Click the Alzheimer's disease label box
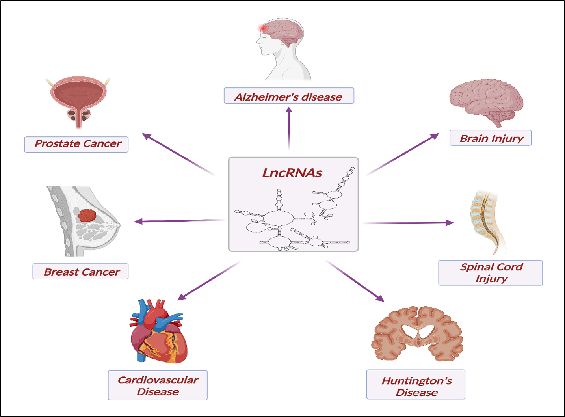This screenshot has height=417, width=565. [289, 96]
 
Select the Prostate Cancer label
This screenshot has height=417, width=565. [76, 144]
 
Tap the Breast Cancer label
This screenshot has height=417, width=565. [80, 272]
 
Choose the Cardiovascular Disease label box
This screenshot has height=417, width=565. [158, 385]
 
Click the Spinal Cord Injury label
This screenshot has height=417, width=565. [490, 273]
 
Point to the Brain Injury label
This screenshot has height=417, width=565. [490, 138]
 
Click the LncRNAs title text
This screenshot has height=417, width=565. [292, 173]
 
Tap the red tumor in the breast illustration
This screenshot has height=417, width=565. [87, 215]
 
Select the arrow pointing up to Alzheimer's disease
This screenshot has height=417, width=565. [289, 128]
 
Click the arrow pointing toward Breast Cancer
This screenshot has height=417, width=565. [179, 221]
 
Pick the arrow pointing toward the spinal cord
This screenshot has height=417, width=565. [408, 223]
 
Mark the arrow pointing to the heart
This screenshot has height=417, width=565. [208, 281]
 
